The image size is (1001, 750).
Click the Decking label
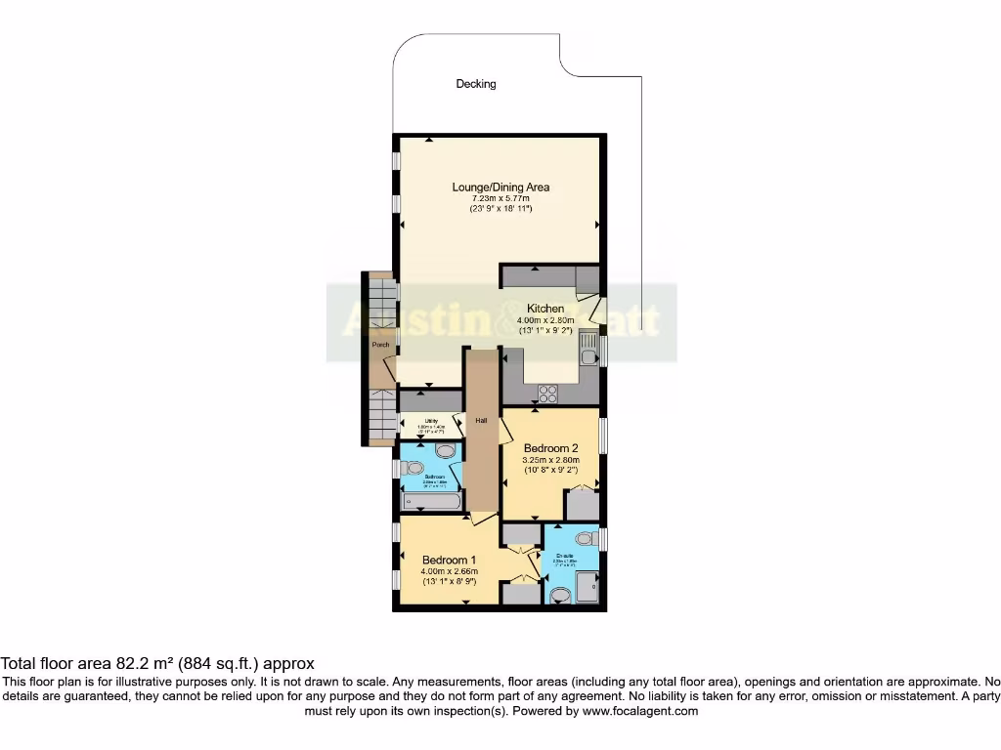point(476,84)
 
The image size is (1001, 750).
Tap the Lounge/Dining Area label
point(500,187)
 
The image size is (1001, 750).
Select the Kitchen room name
point(545,309)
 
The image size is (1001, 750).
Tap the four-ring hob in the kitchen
point(548,395)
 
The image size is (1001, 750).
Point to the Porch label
point(380,345)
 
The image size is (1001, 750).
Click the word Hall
point(481,420)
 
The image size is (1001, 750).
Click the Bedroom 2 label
point(550,448)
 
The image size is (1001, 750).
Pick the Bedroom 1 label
point(448,560)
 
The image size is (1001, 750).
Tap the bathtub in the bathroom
point(431,502)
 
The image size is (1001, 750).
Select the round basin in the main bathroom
point(446,450)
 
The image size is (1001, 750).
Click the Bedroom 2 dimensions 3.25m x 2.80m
point(550,460)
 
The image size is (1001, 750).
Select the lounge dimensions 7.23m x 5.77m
point(500,198)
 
